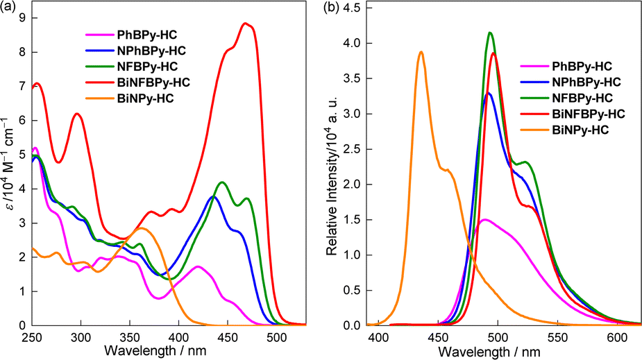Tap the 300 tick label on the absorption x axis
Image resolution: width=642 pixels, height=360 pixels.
[x=81, y=337]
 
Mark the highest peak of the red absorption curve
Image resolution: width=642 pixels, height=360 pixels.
[x=245, y=24]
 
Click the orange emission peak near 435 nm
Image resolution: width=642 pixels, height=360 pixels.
[x=421, y=52]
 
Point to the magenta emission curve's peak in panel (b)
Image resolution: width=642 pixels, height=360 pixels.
[x=485, y=220]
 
